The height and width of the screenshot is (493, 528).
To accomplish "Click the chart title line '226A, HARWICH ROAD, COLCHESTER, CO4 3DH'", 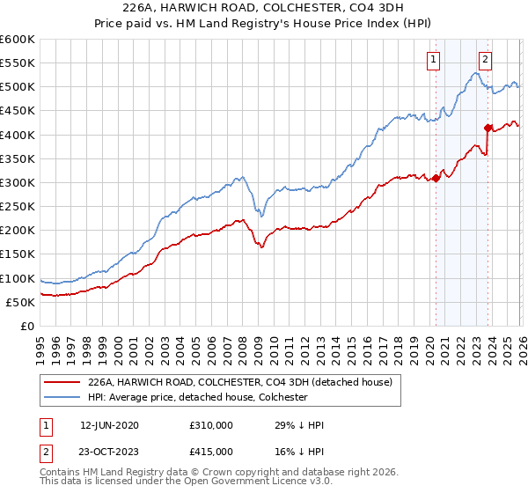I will click(264, 10).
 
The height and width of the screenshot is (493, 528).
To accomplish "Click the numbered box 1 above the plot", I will click(435, 60).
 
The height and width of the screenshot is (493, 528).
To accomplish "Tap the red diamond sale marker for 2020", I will click(436, 178).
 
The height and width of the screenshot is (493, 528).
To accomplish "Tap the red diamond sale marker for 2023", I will click(488, 128).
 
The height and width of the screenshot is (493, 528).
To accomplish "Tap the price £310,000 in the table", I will click(211, 425).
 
